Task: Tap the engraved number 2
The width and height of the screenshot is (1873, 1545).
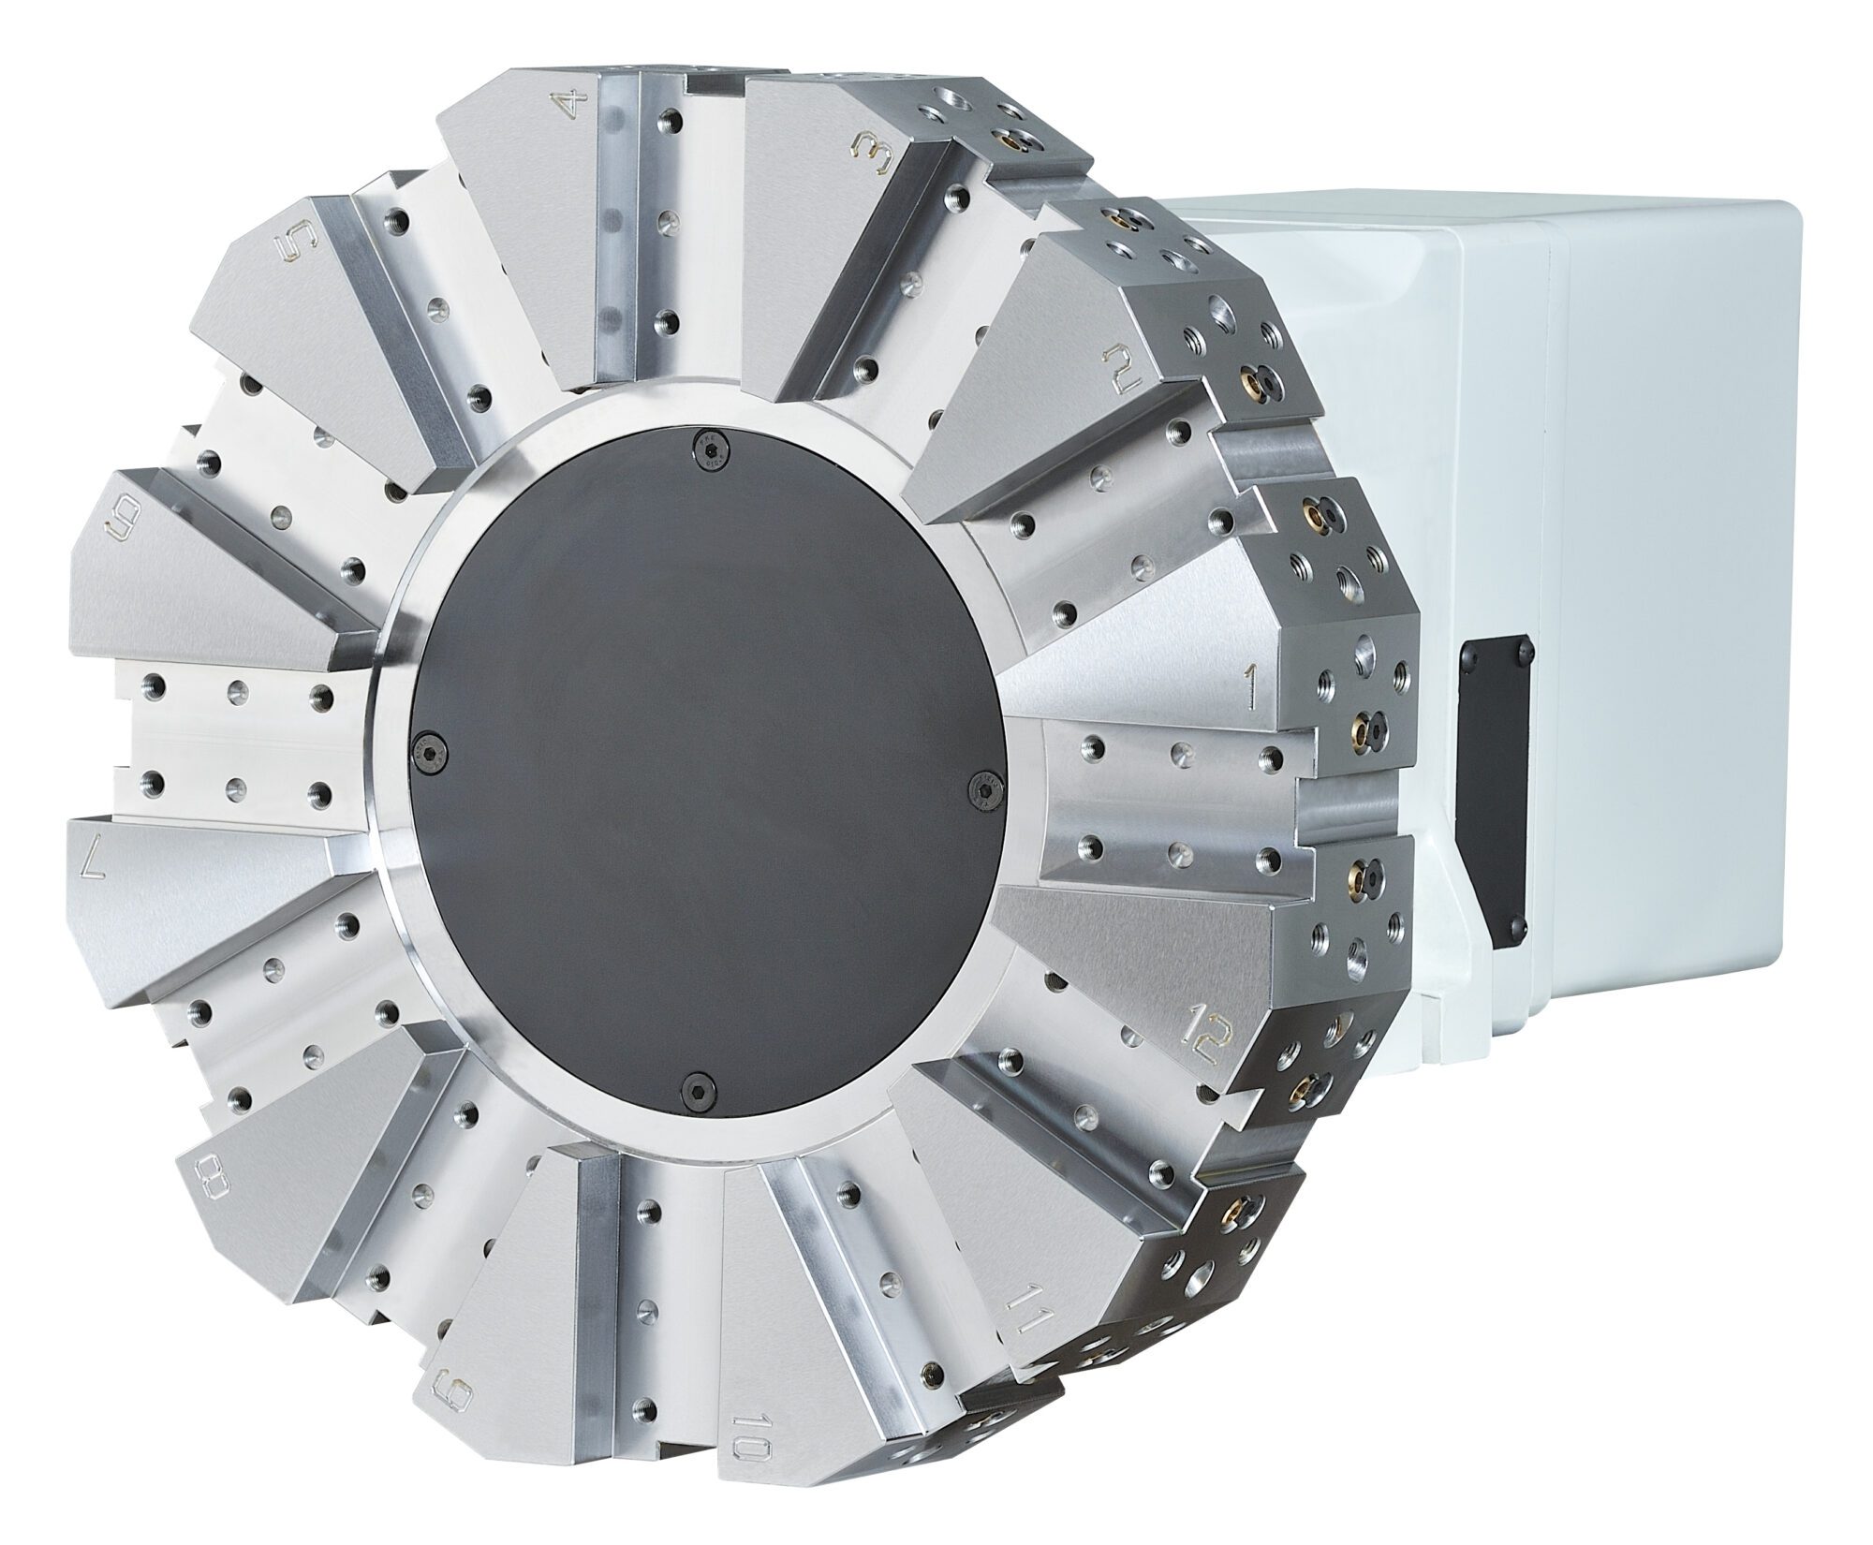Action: [x=1121, y=368]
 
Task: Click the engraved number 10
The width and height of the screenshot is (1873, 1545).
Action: [x=751, y=1461]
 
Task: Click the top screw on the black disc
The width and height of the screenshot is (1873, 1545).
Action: [x=706, y=449]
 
